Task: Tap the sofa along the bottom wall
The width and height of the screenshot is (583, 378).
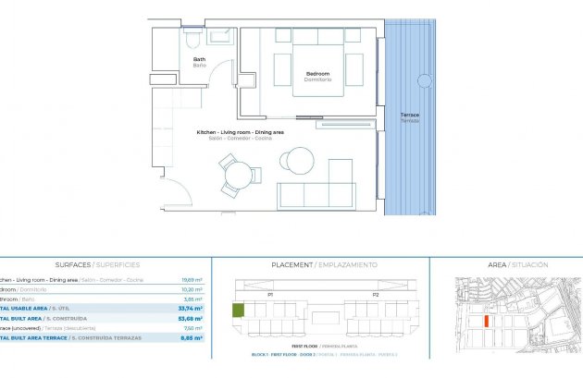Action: tap(316, 196)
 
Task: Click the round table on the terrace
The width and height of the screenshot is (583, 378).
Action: tap(424, 80)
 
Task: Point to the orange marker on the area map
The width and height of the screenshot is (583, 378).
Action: tap(486, 322)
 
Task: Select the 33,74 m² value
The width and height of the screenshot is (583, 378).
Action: tap(192, 308)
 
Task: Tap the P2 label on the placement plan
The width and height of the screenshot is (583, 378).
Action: tap(376, 294)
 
